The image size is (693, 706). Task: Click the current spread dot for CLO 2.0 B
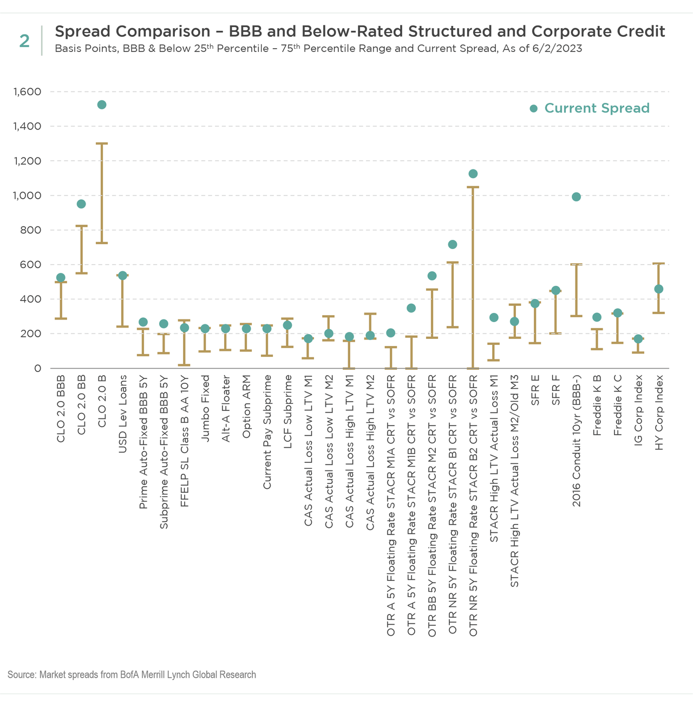(101, 104)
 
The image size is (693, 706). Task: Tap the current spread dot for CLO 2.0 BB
(81, 204)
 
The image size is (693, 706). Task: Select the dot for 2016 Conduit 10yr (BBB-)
(576, 197)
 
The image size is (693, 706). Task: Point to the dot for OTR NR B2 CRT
(473, 174)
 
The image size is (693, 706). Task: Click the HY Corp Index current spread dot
(658, 289)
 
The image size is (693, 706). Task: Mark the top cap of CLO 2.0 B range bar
(101, 143)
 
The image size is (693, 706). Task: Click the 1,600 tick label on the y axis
(27, 92)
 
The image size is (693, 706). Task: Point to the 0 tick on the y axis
(37, 368)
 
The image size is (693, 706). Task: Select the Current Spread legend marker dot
(533, 109)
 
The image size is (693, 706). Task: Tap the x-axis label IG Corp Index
(638, 410)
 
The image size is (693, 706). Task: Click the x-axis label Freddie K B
(597, 405)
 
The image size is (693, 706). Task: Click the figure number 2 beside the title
(24, 41)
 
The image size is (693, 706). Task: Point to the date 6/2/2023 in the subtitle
(555, 49)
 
